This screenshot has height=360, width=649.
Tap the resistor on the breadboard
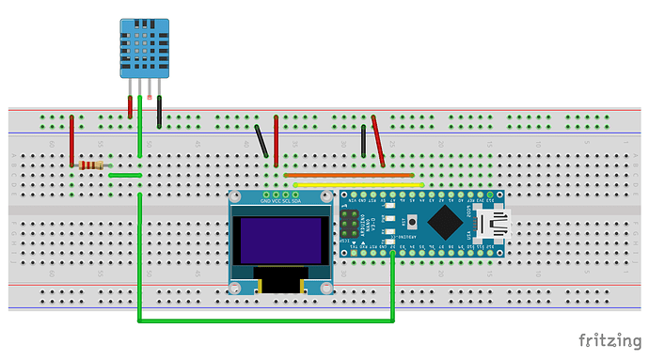click(x=92, y=165)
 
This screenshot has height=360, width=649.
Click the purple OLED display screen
click(x=281, y=240)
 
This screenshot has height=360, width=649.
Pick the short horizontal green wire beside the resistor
click(x=124, y=175)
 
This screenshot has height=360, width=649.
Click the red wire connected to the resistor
click(x=72, y=141)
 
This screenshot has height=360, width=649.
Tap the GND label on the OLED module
click(x=265, y=201)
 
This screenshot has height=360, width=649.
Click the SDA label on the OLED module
click(x=296, y=201)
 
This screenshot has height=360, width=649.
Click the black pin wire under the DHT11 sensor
click(x=160, y=111)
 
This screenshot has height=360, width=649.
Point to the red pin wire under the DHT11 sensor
click(x=130, y=105)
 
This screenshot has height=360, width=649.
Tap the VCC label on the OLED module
click(x=276, y=201)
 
